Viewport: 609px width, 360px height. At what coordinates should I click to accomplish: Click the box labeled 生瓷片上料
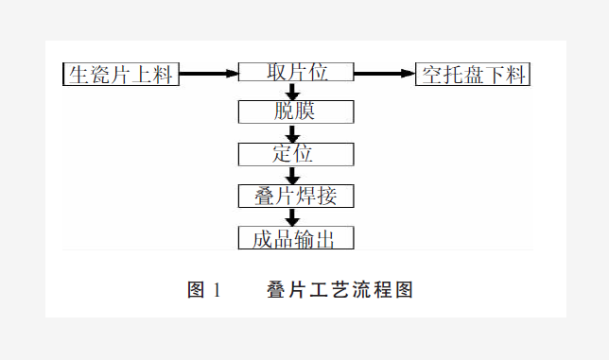pyautogui.click(x=120, y=74)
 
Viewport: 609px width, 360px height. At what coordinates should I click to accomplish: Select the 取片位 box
pyautogui.click(x=296, y=73)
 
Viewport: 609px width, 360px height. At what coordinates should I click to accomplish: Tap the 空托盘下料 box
pyautogui.click(x=473, y=74)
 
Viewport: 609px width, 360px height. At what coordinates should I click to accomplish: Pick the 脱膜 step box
pyautogui.click(x=296, y=111)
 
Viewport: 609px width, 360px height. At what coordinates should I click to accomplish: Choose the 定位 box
pyautogui.click(x=296, y=154)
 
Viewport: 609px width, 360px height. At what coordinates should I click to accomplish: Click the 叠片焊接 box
pyautogui.click(x=296, y=196)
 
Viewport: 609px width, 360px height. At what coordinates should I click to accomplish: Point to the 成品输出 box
pyautogui.click(x=296, y=237)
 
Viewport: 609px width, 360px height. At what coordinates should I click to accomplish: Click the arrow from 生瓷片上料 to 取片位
pyautogui.click(x=208, y=73)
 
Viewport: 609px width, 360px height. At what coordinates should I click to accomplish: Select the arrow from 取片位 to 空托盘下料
pyautogui.click(x=385, y=73)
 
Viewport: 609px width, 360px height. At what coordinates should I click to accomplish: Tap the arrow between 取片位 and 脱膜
pyautogui.click(x=293, y=92)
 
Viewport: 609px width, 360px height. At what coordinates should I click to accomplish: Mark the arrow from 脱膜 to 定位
pyautogui.click(x=293, y=133)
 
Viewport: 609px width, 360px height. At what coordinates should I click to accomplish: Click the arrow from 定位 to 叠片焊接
pyautogui.click(x=293, y=175)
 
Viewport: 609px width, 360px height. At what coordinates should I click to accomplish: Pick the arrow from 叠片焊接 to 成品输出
pyautogui.click(x=293, y=216)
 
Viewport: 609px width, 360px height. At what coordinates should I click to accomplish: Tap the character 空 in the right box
pyautogui.click(x=433, y=75)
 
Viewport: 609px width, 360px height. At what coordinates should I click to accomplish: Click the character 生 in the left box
pyautogui.click(x=78, y=75)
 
